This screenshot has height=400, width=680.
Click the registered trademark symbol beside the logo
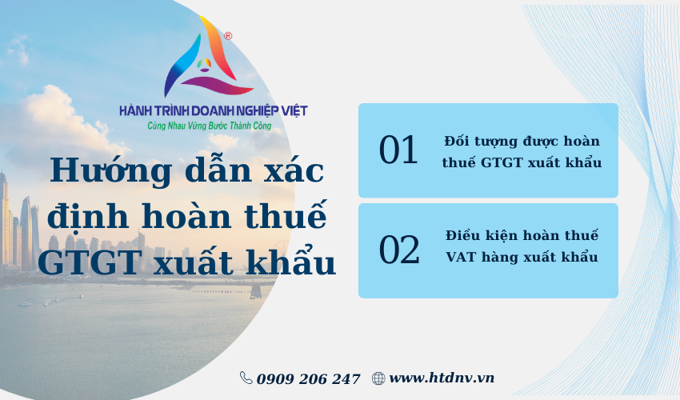click(x=228, y=36)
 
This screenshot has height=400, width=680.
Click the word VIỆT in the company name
click(x=294, y=110)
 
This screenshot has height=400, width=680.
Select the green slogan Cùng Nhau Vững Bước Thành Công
click(x=210, y=126)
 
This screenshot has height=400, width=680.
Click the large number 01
click(x=398, y=150)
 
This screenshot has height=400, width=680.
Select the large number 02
click(x=399, y=250)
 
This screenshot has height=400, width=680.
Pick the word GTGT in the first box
click(x=502, y=162)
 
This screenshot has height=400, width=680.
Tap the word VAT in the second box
click(x=461, y=257)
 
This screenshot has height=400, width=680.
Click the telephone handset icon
click(x=246, y=378)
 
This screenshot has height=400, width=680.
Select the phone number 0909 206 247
click(x=308, y=378)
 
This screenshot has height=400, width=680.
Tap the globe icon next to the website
click(x=378, y=378)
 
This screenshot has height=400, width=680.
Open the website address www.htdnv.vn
click(x=442, y=378)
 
